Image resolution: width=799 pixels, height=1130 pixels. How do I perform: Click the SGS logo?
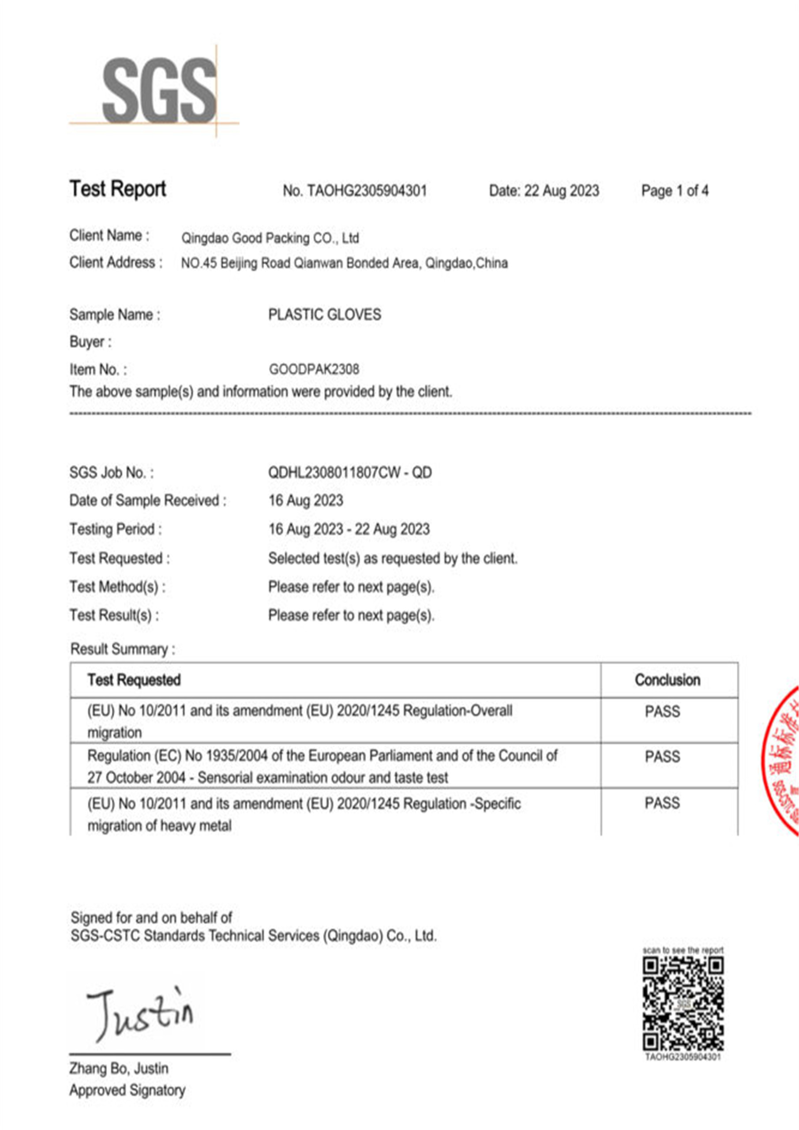point(159,91)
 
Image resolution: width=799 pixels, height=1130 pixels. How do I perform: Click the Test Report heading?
point(118,188)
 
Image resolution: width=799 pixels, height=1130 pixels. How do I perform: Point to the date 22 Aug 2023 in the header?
point(561,191)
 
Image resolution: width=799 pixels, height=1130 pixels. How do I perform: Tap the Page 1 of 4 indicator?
point(675,191)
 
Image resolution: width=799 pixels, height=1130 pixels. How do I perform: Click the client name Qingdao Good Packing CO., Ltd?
point(270,239)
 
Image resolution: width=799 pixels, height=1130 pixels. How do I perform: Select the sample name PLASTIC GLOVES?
point(324,315)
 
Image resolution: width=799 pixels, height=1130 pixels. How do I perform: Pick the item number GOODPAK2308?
point(314,369)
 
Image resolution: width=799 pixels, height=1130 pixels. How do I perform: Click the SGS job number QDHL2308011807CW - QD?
point(350,473)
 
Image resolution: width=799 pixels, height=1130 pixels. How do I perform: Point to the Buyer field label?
point(90,342)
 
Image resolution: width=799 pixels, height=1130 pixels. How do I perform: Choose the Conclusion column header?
point(667,680)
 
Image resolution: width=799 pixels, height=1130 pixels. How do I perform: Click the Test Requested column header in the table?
point(134,680)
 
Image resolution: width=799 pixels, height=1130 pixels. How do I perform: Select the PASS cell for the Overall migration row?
point(662,712)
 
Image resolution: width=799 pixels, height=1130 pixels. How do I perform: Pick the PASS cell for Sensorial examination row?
point(662,757)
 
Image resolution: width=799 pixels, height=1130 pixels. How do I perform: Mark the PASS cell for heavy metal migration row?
point(662,803)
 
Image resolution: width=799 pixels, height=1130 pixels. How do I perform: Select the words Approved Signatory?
point(128,1090)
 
